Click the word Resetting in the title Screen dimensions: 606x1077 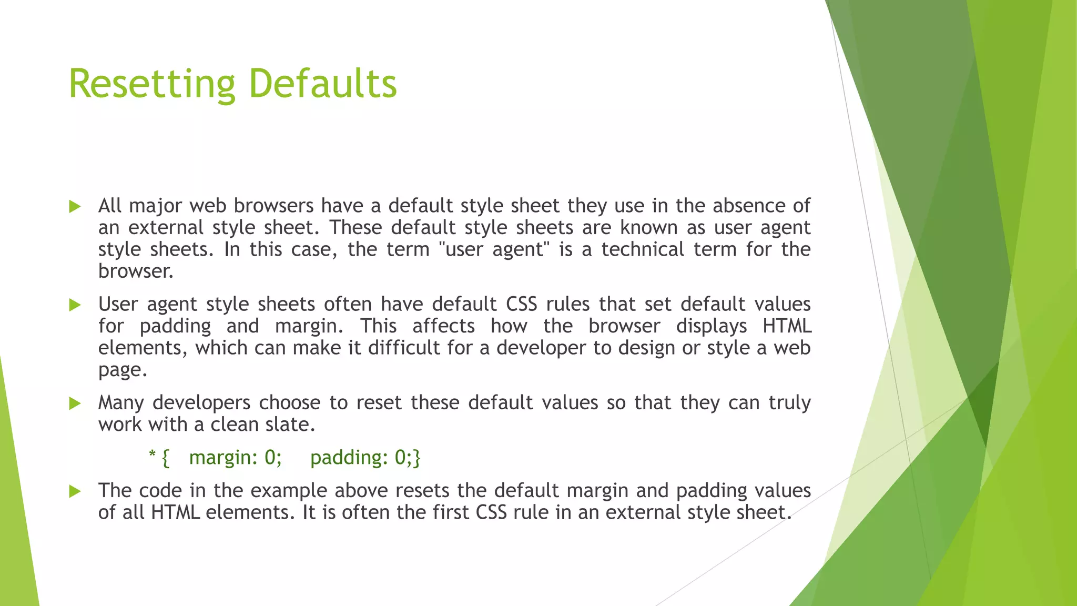tap(152, 84)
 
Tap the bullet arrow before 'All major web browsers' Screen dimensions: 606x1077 tap(75, 206)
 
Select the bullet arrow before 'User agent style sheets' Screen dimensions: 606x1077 tap(75, 305)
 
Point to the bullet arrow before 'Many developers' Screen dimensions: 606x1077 tap(75, 403)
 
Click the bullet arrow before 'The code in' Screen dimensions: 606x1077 tap(75, 491)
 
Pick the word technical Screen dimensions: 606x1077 tap(643, 249)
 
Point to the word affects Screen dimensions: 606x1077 tap(443, 326)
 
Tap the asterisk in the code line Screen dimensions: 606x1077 tap(153, 454)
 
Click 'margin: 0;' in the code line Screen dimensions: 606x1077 tap(235, 458)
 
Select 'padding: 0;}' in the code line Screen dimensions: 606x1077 tap(365, 458)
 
